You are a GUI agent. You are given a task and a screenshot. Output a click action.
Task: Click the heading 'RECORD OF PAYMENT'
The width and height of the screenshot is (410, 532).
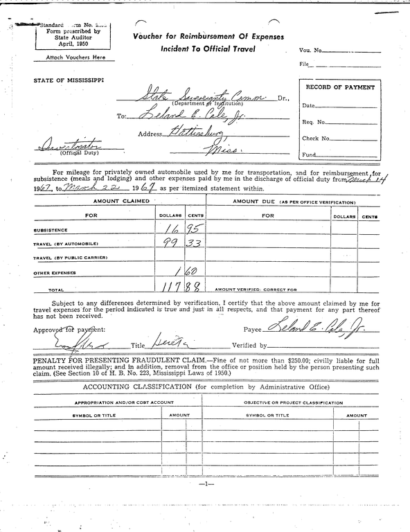[340, 88]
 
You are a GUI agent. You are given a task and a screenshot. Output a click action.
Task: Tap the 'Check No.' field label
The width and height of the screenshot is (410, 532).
[316, 139]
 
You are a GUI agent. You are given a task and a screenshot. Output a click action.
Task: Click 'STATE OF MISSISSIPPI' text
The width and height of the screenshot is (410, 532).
[69, 80]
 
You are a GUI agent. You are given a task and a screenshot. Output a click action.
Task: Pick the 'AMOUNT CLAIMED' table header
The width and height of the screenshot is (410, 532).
[122, 200]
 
